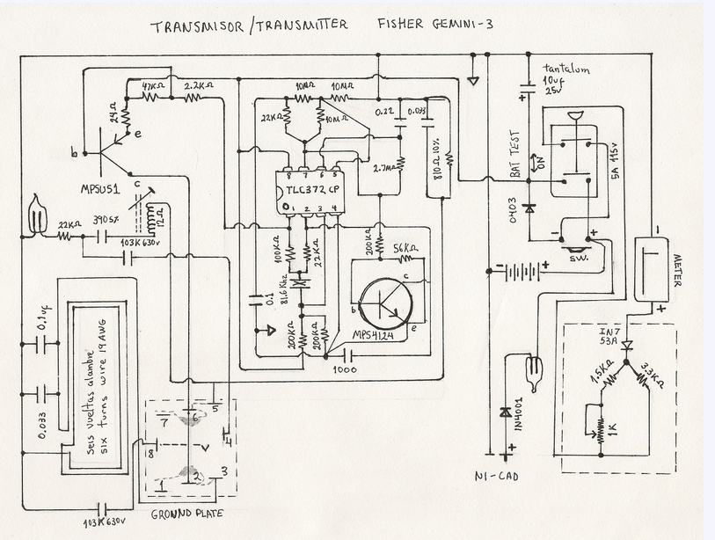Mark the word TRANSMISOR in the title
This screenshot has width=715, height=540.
pyautogui.click(x=195, y=26)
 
